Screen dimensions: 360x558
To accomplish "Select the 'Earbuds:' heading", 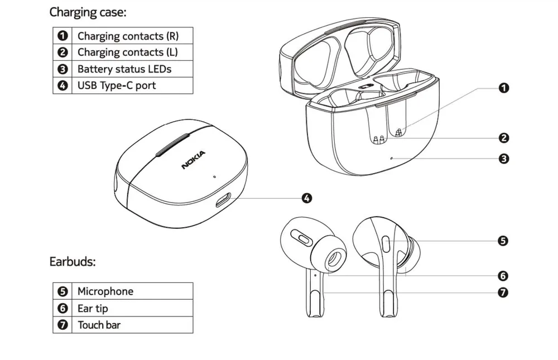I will [73, 261].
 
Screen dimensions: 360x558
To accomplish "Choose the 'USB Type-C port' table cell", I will [117, 85].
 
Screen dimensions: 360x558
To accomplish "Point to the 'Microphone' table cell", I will [105, 291].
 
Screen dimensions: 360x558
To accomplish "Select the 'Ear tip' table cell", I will [93, 308].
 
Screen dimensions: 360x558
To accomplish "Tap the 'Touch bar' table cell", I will [99, 325].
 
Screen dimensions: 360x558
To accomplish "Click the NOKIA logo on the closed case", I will [194, 160].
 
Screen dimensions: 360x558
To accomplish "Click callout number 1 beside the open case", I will [503, 88].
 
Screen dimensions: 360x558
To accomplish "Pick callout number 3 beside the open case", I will [503, 159].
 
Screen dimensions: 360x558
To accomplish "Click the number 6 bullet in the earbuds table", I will [62, 308].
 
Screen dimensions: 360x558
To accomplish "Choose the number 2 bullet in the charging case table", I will [62, 52].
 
